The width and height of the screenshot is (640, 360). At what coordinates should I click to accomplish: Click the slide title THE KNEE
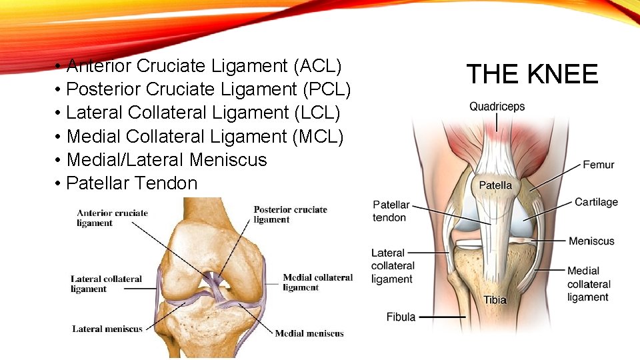[532, 74]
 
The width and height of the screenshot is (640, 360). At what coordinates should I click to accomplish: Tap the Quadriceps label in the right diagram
[497, 107]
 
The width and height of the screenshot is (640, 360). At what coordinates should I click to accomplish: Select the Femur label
[598, 165]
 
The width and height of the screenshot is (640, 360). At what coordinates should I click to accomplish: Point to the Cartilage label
[596, 202]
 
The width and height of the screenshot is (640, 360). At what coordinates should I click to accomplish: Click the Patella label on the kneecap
[496, 185]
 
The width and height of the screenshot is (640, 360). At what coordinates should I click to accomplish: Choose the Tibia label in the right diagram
[495, 300]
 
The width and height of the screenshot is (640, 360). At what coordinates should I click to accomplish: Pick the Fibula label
[401, 317]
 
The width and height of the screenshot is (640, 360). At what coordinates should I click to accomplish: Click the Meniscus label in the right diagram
[591, 241]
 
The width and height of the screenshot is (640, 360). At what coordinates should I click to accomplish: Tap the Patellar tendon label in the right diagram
[391, 211]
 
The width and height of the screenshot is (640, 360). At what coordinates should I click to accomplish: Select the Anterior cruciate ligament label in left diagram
[112, 218]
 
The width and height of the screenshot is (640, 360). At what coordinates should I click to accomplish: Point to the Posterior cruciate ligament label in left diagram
[290, 214]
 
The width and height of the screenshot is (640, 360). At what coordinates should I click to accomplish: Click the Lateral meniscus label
[107, 329]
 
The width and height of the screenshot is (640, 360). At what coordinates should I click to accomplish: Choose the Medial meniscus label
[309, 333]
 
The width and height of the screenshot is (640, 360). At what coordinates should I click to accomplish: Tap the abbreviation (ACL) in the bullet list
[317, 66]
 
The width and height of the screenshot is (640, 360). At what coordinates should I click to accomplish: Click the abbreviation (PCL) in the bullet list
[327, 89]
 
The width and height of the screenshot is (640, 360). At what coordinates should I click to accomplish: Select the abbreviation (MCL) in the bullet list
[318, 137]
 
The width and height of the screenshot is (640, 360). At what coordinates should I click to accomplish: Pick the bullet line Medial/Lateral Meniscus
[167, 160]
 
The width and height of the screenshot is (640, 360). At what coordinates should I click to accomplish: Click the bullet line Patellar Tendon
[132, 183]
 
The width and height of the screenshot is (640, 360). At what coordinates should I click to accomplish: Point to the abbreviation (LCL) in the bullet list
[316, 113]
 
